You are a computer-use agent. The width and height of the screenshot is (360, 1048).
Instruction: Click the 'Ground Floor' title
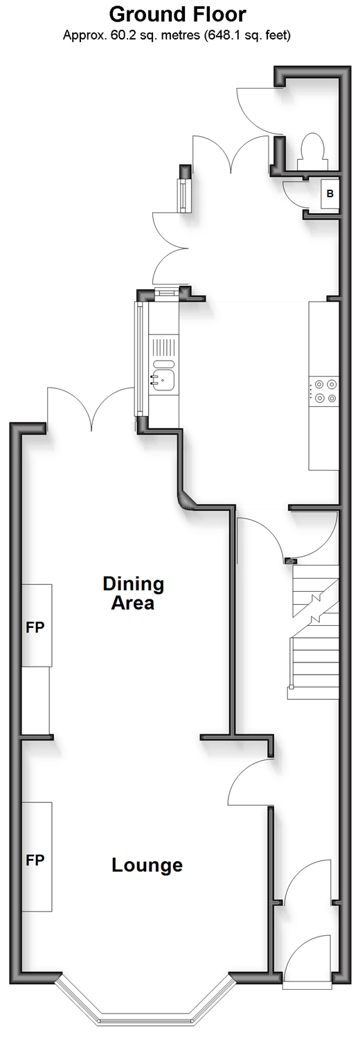177,15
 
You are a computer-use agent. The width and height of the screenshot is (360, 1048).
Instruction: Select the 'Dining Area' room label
133,593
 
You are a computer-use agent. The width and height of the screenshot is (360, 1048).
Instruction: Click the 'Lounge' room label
147,865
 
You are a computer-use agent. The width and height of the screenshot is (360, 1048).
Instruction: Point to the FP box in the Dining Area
37,625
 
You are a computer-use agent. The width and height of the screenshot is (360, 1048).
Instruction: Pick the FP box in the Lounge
37,860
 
